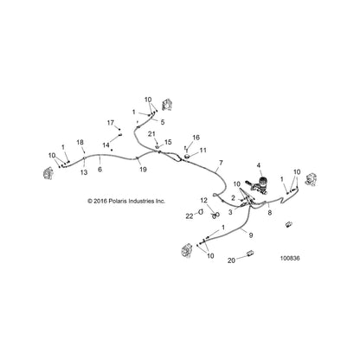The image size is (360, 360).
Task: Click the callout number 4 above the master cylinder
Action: click(x=259, y=165)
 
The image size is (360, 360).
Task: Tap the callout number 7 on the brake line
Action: click(x=221, y=163)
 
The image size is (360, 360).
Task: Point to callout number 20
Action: click(x=231, y=260)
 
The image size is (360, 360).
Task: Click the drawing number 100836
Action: click(x=290, y=258)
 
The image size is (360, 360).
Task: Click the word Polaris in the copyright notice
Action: click(x=118, y=201)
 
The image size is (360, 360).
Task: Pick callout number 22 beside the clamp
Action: click(x=190, y=215)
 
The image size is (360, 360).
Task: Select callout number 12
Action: click(x=203, y=200)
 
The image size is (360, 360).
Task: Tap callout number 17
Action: click(x=111, y=123)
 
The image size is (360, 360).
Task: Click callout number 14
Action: click(x=106, y=145)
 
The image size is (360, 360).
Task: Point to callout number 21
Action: click(x=151, y=134)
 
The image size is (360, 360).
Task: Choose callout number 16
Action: click(x=196, y=138)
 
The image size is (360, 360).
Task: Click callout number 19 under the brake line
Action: click(x=143, y=170)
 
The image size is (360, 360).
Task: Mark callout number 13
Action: click(x=84, y=172)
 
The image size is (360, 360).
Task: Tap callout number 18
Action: click(x=80, y=142)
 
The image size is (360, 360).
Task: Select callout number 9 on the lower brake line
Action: click(x=251, y=235)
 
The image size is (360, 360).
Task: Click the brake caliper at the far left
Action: click(x=48, y=173)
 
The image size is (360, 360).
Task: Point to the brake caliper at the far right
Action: click(x=311, y=180)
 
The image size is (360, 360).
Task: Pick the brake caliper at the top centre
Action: click(x=167, y=105)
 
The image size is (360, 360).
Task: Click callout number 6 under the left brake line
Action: click(x=100, y=170)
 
